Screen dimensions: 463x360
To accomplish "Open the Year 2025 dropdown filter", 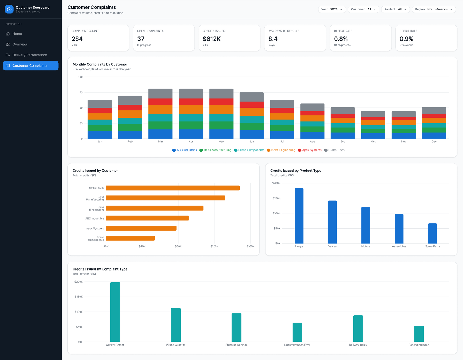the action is point(332,9).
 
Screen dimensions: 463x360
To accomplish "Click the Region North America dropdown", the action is point(433,9).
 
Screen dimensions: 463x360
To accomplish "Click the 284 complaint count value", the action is point(77,39).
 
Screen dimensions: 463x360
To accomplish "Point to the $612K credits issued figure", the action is point(212,39).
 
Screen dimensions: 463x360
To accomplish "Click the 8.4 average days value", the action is point(273,39).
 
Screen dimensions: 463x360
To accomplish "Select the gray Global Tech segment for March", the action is point(160,94).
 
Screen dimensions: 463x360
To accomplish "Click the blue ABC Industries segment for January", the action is point(100,135).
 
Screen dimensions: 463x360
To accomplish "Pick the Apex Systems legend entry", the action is point(310,150).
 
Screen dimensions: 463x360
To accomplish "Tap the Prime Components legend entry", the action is point(249,150).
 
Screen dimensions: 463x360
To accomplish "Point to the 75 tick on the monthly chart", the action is point(81,92).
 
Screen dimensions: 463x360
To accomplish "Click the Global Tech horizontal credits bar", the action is point(173,188).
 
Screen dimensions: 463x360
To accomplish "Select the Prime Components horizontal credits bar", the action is point(130,238).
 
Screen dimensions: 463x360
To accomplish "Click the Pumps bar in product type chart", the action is point(299,216).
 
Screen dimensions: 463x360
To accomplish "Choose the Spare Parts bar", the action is point(433,233).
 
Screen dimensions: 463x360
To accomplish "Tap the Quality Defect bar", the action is point(115,312).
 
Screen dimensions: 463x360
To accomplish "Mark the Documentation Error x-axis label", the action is point(297,345).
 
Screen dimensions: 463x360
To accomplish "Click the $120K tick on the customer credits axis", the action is point(214,246).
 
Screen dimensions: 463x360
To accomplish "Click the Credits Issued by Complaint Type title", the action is point(100,269).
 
